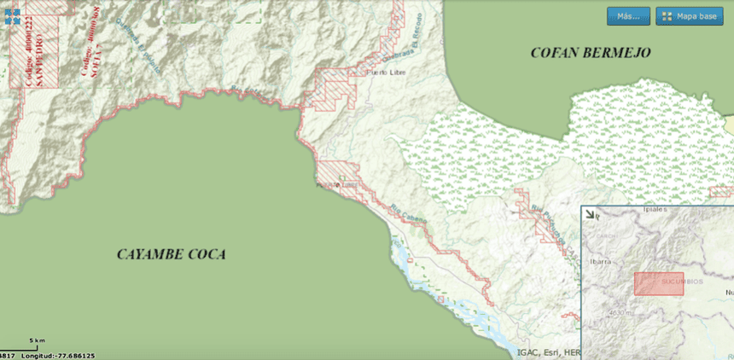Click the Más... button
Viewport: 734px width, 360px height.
(x=628, y=16)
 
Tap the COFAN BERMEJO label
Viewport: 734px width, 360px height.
(x=591, y=53)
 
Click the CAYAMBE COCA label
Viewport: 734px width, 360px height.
(x=172, y=254)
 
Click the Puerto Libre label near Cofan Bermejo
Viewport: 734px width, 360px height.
(x=382, y=73)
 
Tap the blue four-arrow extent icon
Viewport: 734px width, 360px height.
(x=12, y=16)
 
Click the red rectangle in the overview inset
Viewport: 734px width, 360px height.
(x=659, y=284)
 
